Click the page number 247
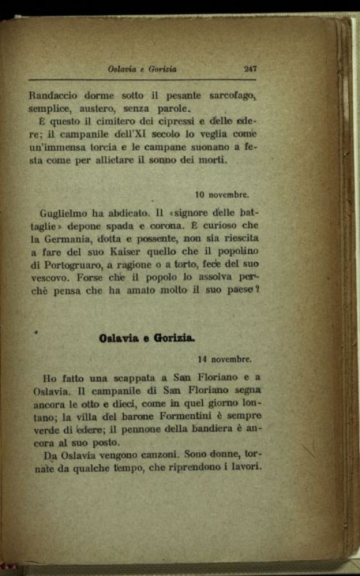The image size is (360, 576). pos(249,69)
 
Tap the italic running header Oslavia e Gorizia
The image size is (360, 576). pos(142,69)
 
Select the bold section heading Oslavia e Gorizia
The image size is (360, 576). pos(147,338)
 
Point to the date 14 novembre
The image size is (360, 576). pos(224,360)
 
